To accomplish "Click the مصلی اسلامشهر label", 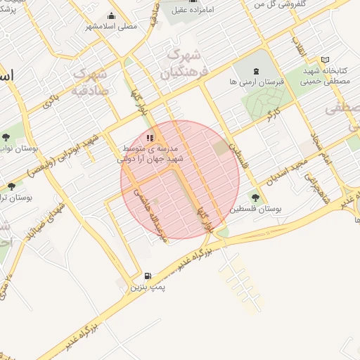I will pos(112,26).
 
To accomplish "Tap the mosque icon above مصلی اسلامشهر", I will pos(112,15).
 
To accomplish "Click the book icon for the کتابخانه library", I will pos(324,60).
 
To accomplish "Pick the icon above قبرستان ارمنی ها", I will pos(257,71).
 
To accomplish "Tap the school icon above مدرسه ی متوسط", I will pos(149,138).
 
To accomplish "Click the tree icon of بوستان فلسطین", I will pos(255,198).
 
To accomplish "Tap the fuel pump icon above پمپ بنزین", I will pos(147,276).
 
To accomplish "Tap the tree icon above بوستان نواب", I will pos(6,137).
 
